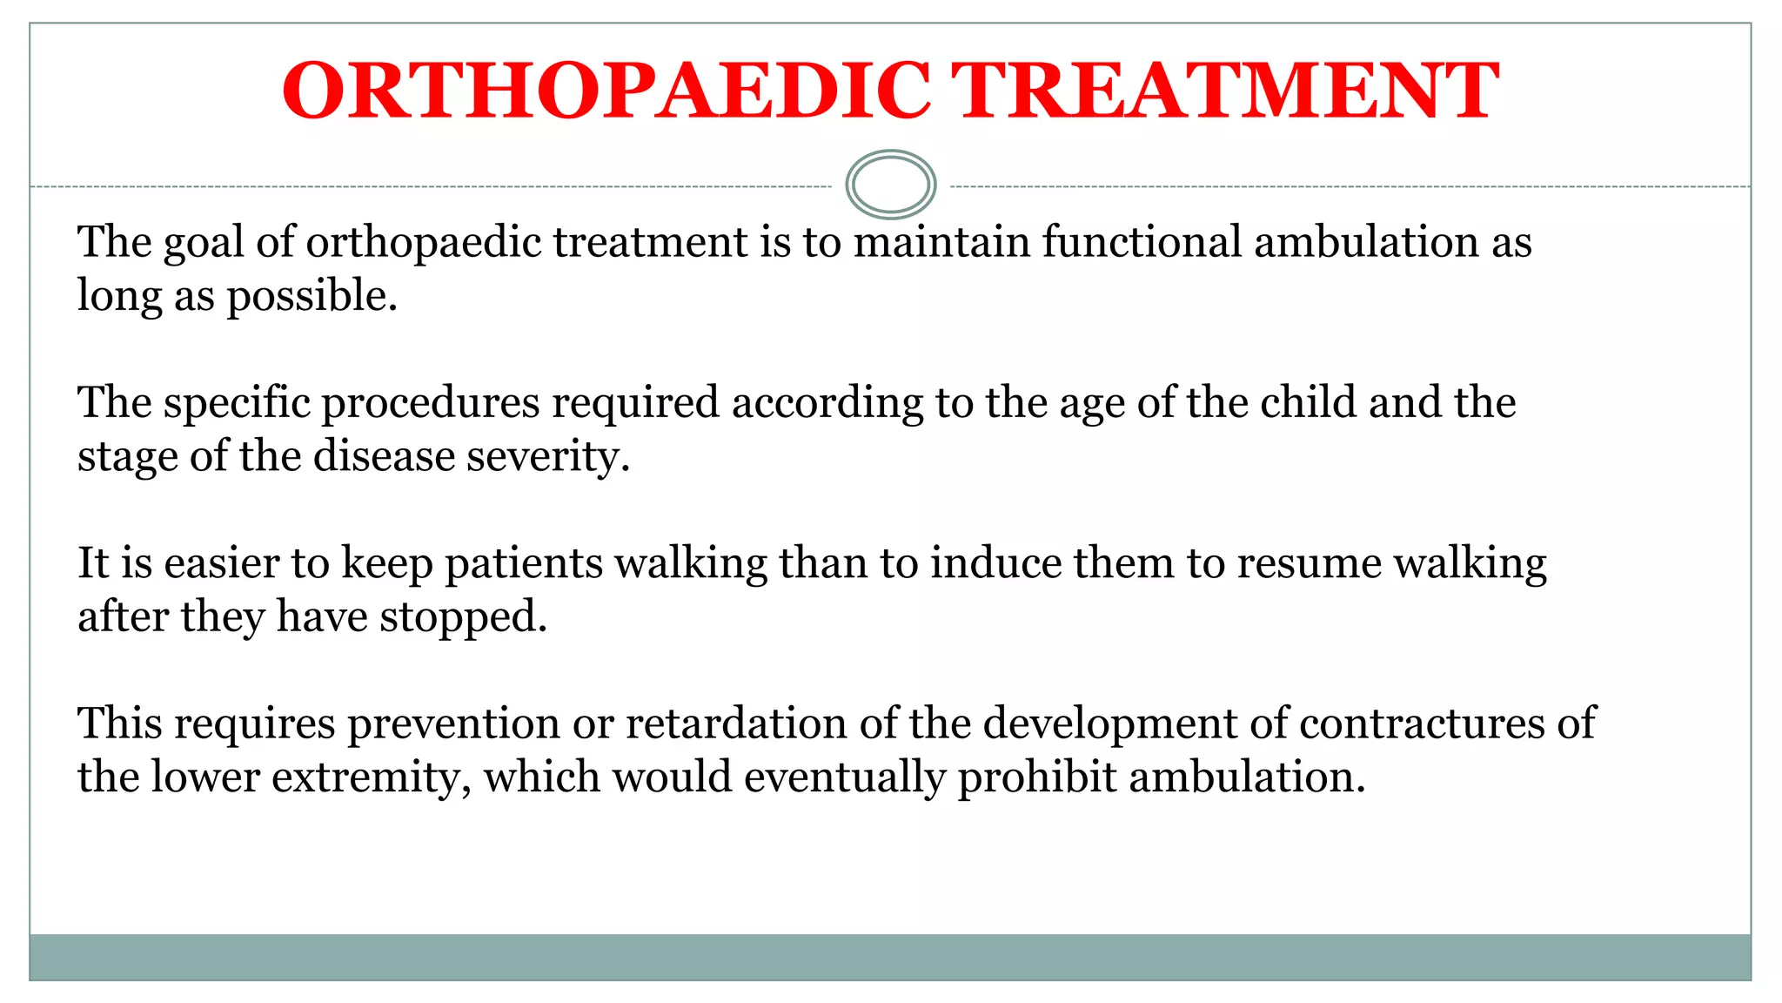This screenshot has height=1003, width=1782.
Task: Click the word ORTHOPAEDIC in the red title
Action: (x=606, y=91)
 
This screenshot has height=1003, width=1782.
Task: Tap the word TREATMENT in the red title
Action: (x=1224, y=91)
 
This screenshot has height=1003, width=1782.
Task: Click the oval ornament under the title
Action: (x=890, y=185)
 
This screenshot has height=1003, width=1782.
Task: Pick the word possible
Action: (x=312, y=296)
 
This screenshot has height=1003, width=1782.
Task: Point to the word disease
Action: (x=384, y=456)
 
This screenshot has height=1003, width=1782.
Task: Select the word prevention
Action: (x=453, y=724)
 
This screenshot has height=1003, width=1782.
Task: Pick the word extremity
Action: (x=372, y=777)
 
